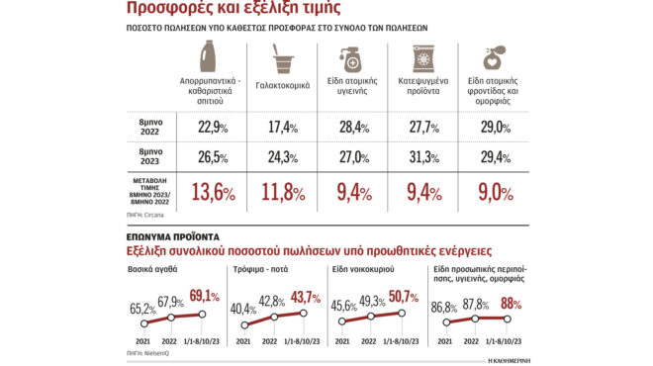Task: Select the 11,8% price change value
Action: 285,189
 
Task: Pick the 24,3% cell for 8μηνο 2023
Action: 285,157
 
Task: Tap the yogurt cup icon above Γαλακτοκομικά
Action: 284,57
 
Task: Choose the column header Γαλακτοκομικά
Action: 284,86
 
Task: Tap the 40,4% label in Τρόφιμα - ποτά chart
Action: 244,307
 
